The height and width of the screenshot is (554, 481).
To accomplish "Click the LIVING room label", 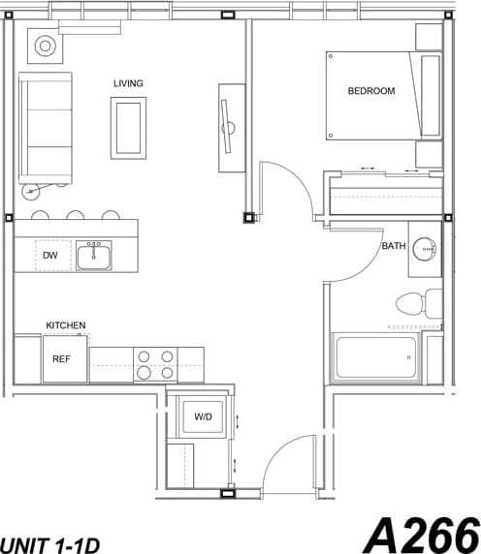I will [x=128, y=83].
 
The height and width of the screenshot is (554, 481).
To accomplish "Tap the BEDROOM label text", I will [x=371, y=91].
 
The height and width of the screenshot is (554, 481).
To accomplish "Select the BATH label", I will [x=393, y=246].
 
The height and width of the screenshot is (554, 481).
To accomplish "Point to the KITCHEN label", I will [x=66, y=325].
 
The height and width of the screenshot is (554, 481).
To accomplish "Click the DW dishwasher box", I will [x=50, y=256].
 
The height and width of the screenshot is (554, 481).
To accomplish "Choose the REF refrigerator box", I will [x=60, y=359].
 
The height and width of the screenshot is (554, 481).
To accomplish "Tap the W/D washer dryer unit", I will [x=203, y=417].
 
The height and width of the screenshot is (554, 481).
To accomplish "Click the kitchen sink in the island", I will [x=94, y=256].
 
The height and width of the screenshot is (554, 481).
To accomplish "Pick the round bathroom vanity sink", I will [x=425, y=246].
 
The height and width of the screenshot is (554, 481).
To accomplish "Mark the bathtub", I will [x=378, y=358].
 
